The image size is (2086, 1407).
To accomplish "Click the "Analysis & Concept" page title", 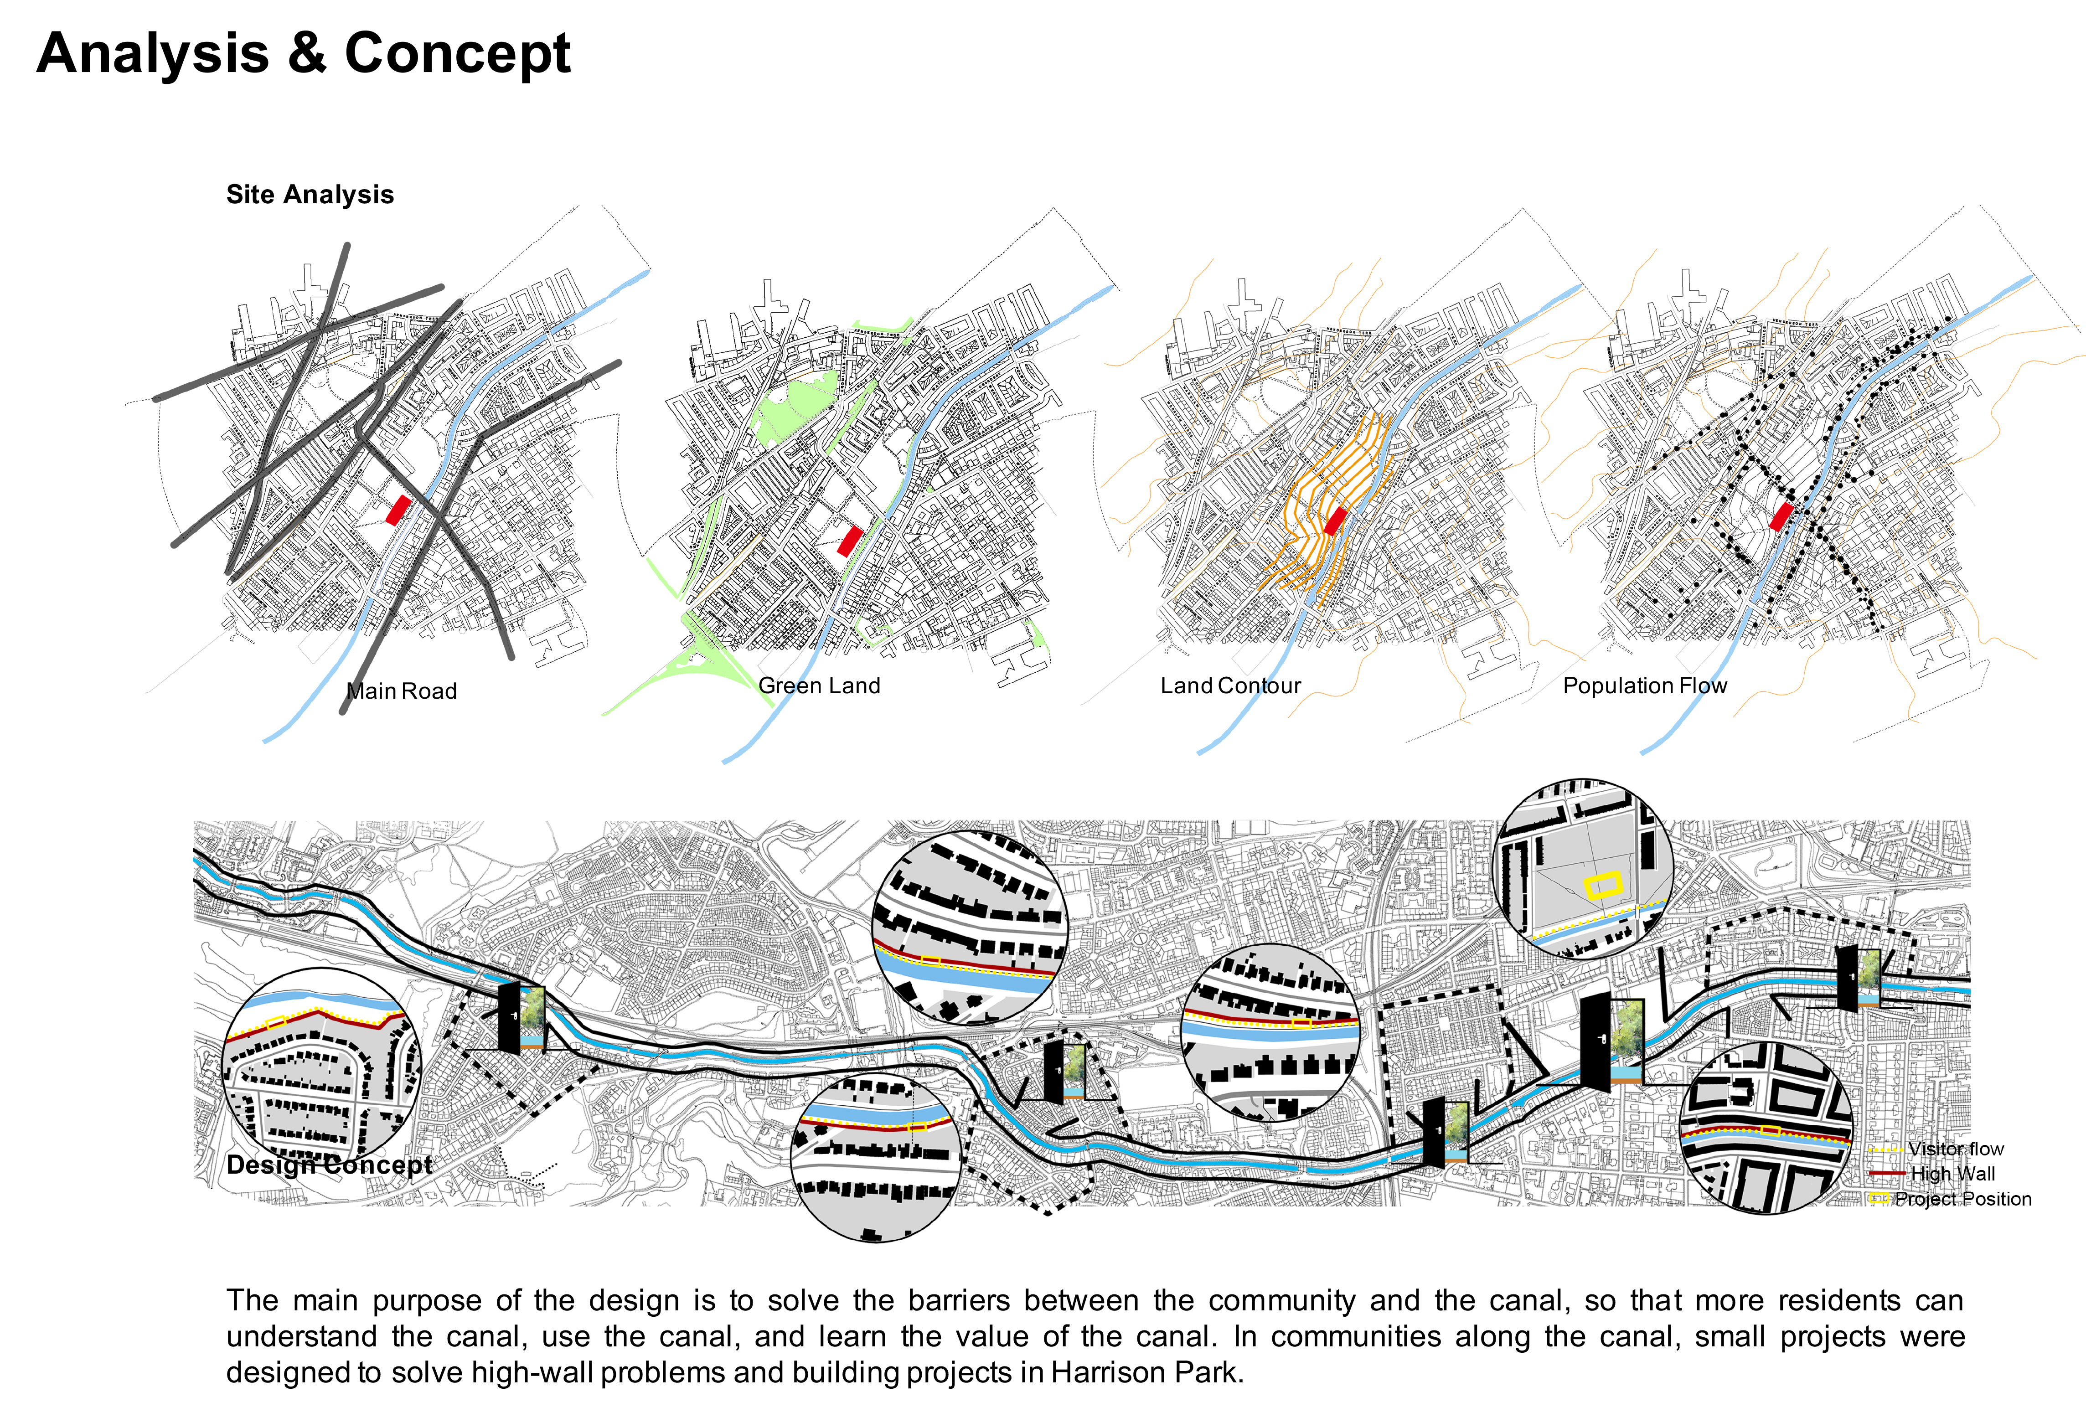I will [303, 54].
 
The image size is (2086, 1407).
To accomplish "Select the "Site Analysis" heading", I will [310, 195].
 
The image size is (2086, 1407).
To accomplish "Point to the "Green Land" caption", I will [819, 685].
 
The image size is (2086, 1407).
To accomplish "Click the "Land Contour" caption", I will [1230, 685].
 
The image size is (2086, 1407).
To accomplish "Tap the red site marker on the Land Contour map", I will [1335, 521].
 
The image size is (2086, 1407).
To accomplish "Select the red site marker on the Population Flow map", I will [1781, 517].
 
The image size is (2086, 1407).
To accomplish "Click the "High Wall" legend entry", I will [1952, 1174].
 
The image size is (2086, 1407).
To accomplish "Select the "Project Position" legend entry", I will [1962, 1199].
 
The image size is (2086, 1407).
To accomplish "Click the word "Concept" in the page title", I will [458, 54].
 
